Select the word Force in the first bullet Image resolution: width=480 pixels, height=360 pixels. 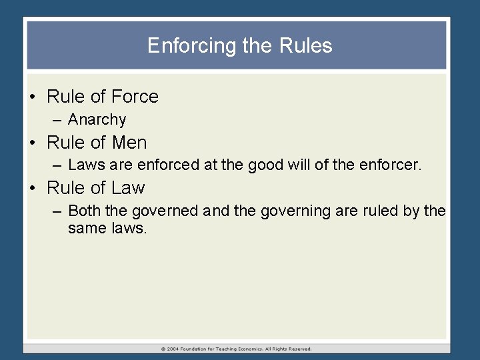click(x=135, y=97)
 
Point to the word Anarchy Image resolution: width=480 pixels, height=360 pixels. click(x=97, y=120)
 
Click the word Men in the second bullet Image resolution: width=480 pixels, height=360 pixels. click(x=131, y=143)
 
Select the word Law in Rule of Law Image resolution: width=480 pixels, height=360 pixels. click(x=129, y=188)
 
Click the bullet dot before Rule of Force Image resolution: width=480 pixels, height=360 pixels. click(x=33, y=97)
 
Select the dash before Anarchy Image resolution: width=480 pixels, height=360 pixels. click(x=55, y=120)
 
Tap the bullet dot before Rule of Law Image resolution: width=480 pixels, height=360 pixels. click(x=33, y=189)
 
